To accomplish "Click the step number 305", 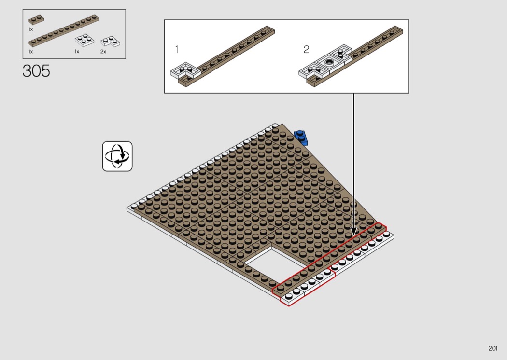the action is point(36,71).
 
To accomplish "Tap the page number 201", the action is point(493,348).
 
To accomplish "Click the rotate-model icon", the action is point(117,156).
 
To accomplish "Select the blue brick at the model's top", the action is point(301,137).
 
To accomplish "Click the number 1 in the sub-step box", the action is point(177,49).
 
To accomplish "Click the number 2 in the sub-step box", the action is point(306,49).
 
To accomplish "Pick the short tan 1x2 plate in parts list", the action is point(36,20).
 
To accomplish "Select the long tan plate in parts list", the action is point(64,31).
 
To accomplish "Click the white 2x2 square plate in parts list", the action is point(84,41).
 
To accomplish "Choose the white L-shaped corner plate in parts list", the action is point(110,42).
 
